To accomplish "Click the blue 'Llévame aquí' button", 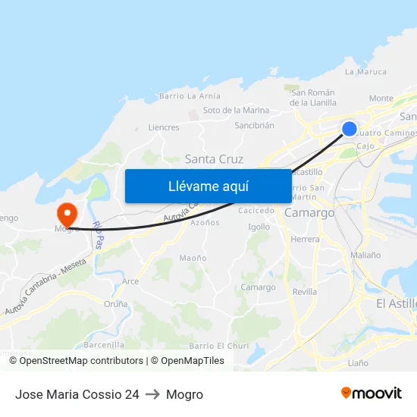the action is (x=208, y=186).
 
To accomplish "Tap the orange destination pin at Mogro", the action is (x=67, y=212).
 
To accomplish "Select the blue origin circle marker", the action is (x=350, y=129).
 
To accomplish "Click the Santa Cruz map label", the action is (x=214, y=159).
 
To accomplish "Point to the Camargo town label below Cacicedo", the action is (x=309, y=213).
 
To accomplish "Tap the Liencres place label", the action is (x=164, y=127).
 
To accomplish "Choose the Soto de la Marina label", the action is (x=236, y=111).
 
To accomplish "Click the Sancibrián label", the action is (x=254, y=125).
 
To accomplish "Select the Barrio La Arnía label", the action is (x=190, y=96).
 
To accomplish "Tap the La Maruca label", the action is (x=365, y=73).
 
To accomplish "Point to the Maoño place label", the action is (x=193, y=258).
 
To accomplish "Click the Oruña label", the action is (x=116, y=303).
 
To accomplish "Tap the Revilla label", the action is (x=305, y=292).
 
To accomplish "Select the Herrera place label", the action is (x=306, y=239).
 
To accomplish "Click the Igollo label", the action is (x=259, y=227).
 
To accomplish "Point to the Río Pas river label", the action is (x=97, y=236).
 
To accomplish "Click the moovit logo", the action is (x=372, y=393).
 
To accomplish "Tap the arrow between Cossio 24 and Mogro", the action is (x=152, y=394).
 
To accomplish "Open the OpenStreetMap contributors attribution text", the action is (x=81, y=361).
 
